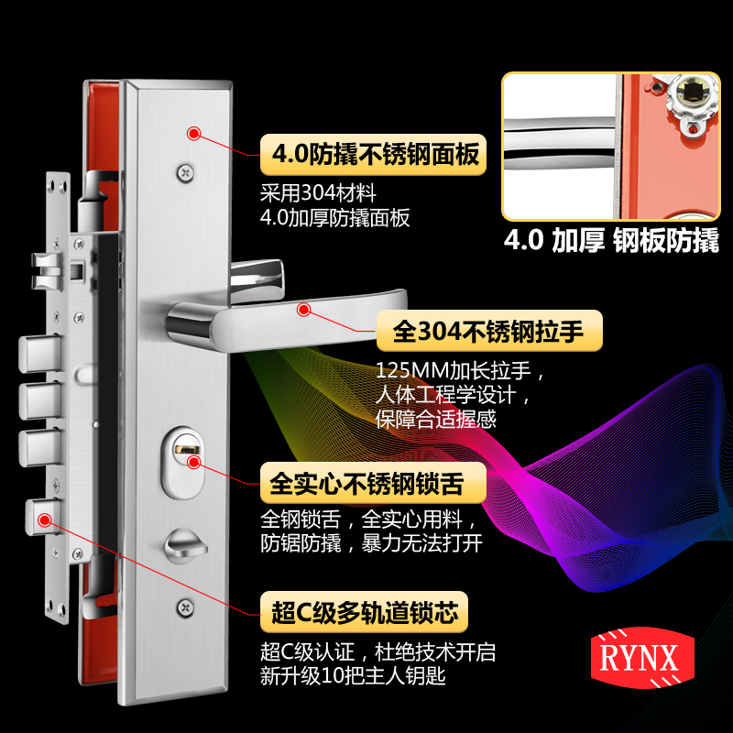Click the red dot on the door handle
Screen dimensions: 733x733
click(x=302, y=310)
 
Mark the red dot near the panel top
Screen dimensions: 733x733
click(x=193, y=133)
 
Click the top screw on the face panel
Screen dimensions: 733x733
click(x=187, y=170)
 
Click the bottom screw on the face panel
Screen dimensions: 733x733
click(x=187, y=606)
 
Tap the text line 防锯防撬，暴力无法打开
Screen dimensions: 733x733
click(x=371, y=542)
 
